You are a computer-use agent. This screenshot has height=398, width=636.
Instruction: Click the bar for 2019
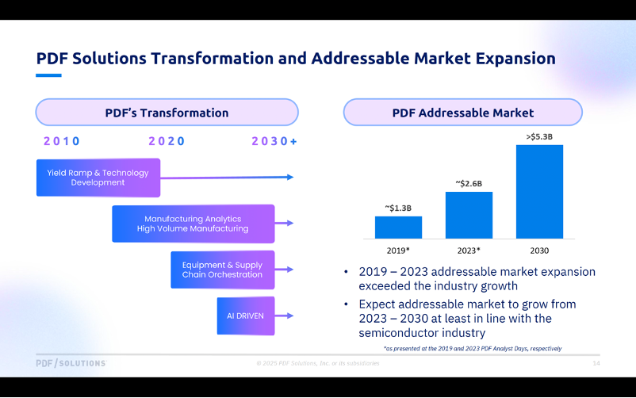pyautogui.click(x=398, y=227)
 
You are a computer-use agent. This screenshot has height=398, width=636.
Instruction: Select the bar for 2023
pyautogui.click(x=469, y=215)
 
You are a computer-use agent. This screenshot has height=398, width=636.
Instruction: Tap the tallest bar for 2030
pyautogui.click(x=539, y=191)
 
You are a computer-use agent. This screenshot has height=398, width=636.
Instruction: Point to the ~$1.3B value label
pyautogui.click(x=398, y=209)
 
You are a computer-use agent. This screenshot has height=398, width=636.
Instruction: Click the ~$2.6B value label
pyautogui.click(x=469, y=184)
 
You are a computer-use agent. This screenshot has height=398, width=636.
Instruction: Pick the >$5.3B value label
pyautogui.click(x=539, y=137)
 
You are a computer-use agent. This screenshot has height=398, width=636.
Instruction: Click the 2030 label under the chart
pyautogui.click(x=539, y=251)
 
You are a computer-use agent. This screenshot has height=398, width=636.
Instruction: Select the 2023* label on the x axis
pyautogui.click(x=469, y=251)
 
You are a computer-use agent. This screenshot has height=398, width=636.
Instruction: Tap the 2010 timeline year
pyautogui.click(x=62, y=141)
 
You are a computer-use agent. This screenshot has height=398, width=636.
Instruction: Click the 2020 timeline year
pyautogui.click(x=167, y=141)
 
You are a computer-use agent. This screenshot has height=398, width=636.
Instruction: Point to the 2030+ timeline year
pyautogui.click(x=274, y=141)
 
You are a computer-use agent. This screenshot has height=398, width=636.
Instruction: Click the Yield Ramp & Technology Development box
pyautogui.click(x=98, y=178)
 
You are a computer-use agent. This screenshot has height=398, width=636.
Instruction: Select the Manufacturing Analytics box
pyautogui.click(x=193, y=224)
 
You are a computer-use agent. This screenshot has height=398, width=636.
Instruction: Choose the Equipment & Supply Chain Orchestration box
pyautogui.click(x=222, y=270)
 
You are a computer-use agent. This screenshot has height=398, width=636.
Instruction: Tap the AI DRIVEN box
pyautogui.click(x=245, y=316)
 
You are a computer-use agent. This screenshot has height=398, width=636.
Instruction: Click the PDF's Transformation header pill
pyautogui.click(x=167, y=113)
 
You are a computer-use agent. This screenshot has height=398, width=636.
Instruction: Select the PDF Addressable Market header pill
pyautogui.click(x=462, y=113)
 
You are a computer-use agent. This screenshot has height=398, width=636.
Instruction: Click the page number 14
pyautogui.click(x=596, y=363)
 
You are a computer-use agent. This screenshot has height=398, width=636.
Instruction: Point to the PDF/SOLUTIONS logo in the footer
pyautogui.click(x=71, y=363)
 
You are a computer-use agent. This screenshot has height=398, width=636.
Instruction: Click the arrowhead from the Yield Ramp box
pyautogui.click(x=289, y=177)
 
